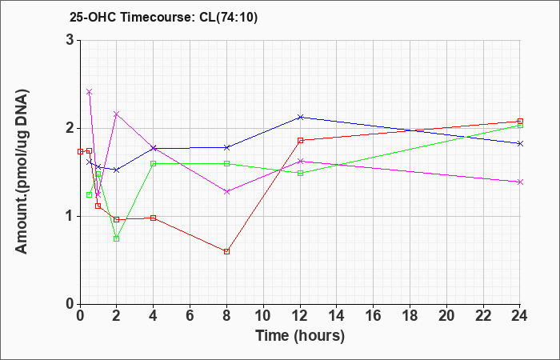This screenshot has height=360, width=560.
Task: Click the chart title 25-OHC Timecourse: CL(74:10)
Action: coord(163,18)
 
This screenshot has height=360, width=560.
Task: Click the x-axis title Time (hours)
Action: coord(300,336)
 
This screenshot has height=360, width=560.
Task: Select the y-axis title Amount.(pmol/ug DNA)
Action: coord(22,172)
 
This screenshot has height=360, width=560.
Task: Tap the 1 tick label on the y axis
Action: coord(70,217)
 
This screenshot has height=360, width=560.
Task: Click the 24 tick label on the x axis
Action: coord(520,316)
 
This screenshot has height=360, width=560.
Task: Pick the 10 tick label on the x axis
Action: coord(263,316)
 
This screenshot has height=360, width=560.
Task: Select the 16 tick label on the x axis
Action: coord(374,316)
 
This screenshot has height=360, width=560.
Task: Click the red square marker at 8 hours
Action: coord(226,251)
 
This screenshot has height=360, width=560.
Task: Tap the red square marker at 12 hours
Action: coord(300,140)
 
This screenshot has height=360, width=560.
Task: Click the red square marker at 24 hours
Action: coord(520,122)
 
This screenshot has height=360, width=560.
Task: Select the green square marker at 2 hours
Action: coord(117,238)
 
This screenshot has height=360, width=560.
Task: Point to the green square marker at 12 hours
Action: coord(300,174)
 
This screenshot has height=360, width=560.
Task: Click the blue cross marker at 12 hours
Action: coord(300,117)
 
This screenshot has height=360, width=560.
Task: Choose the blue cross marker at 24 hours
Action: coord(520,143)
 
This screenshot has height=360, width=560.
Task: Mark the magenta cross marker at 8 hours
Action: coord(226,191)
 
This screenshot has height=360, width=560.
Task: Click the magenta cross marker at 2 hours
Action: coord(117,114)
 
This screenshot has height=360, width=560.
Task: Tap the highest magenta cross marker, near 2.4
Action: coord(90,92)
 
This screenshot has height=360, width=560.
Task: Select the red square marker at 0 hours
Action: coord(80,151)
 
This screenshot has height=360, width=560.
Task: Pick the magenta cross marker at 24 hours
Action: coord(520,182)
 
